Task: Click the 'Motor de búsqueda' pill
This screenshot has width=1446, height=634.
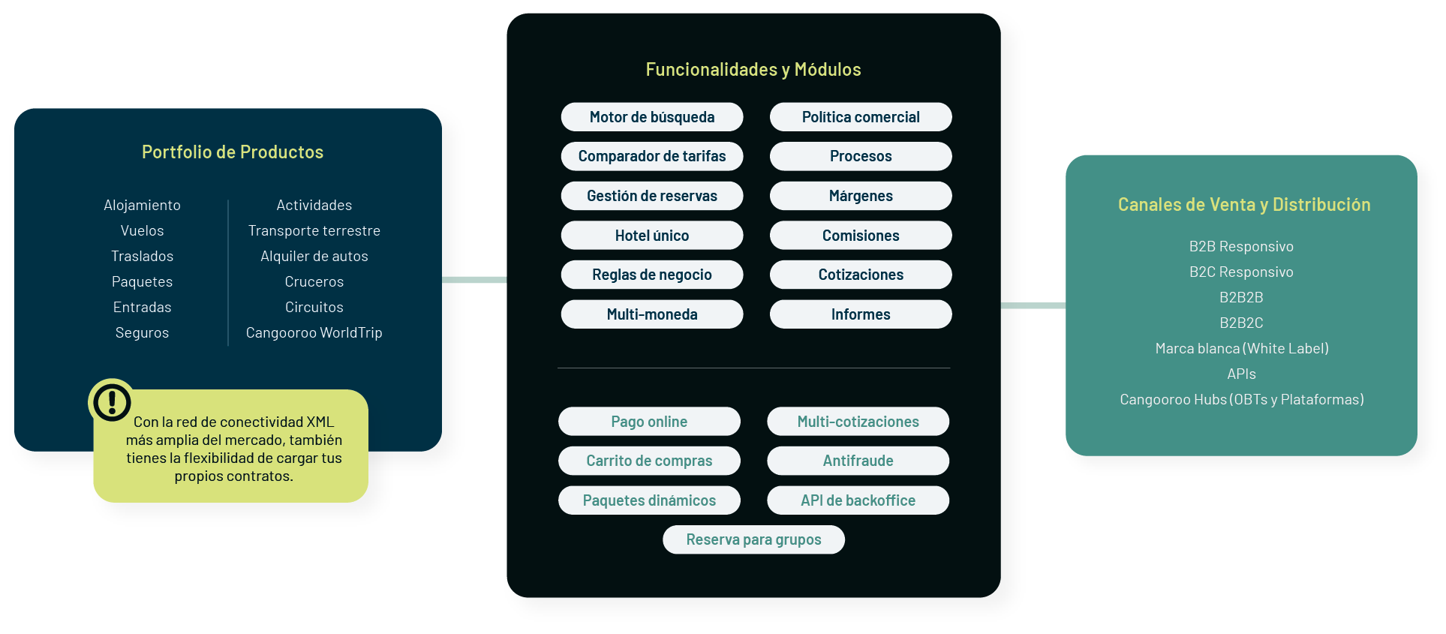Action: (651, 117)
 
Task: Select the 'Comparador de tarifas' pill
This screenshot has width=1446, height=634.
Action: (651, 156)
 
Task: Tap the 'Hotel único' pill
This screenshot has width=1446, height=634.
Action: (651, 236)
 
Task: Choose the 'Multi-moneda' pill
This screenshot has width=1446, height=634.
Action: (651, 314)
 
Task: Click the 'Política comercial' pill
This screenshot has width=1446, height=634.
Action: (861, 117)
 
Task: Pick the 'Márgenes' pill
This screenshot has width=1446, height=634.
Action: (861, 196)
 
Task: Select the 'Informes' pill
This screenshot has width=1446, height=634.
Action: (861, 314)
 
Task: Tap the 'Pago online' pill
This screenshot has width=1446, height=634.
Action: (649, 422)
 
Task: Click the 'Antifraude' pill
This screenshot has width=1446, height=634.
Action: (858, 461)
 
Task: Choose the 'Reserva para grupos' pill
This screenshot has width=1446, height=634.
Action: (753, 539)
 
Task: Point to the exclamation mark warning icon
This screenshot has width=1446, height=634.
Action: (112, 401)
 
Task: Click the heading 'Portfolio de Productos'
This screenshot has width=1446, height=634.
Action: (233, 152)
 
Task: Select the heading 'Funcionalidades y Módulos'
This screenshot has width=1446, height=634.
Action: (753, 70)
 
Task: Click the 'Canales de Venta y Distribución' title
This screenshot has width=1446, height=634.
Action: (1243, 205)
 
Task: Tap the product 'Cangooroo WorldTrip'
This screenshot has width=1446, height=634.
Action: (314, 332)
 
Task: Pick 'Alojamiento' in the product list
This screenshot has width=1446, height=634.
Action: (142, 205)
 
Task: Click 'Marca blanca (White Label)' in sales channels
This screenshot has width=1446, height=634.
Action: (1241, 348)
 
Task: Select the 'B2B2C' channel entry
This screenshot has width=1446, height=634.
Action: (1241, 323)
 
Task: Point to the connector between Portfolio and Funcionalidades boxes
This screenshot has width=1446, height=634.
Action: (474, 280)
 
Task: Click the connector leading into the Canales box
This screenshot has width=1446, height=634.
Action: (1033, 305)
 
